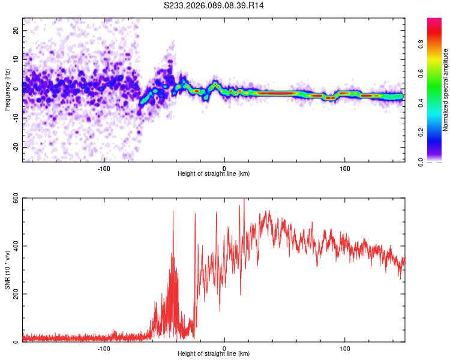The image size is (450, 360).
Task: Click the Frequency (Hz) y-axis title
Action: (7, 89)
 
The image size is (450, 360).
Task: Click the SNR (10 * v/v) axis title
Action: (7, 270)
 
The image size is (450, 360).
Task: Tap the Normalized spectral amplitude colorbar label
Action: (445, 90)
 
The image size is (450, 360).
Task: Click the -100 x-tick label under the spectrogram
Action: (104, 169)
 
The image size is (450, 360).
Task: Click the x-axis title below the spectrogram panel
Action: (214, 174)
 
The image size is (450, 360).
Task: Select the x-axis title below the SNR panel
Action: (214, 354)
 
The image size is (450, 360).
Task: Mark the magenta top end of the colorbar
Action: (435, 22)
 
